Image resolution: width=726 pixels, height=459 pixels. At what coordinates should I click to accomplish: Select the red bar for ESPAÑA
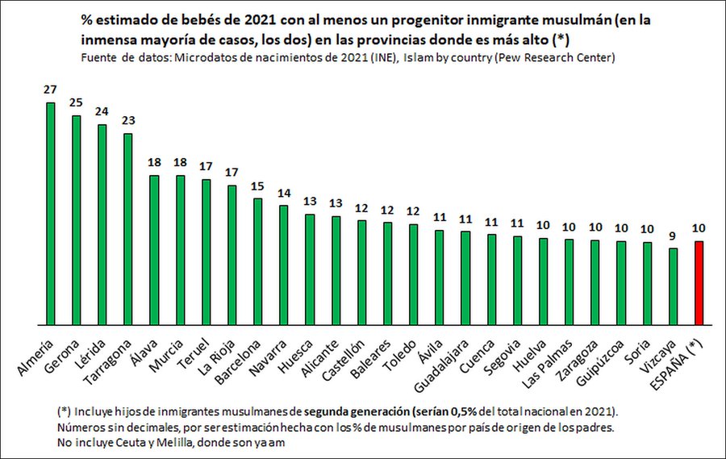(699, 282)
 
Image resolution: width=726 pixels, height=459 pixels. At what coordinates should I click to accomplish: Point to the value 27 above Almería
(50, 90)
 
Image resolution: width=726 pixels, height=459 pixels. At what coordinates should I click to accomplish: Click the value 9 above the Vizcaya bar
(674, 236)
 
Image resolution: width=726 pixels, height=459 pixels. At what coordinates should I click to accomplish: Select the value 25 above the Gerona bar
(76, 103)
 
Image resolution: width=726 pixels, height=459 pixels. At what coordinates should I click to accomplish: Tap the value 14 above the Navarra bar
(283, 194)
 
